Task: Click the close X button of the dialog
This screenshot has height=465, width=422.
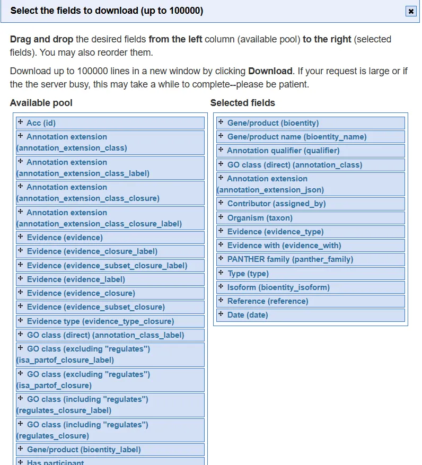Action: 411,11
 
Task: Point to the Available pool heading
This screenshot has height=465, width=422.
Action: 41,103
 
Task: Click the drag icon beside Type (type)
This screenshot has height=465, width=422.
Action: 221,273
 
